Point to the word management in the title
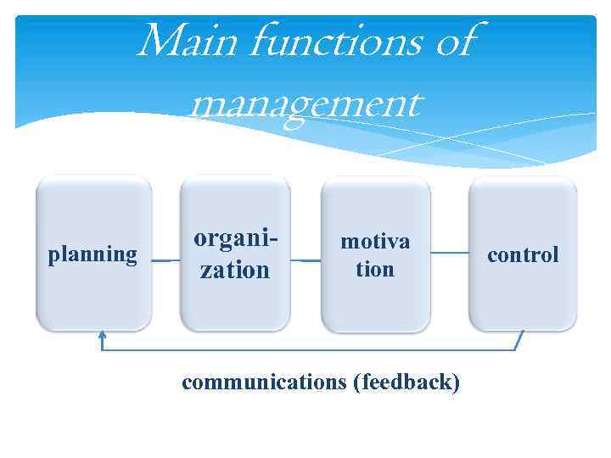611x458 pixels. click(x=305, y=106)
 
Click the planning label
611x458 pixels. click(x=92, y=254)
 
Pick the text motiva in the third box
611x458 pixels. click(x=375, y=242)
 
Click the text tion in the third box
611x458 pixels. click(x=375, y=270)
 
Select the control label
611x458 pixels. click(x=522, y=254)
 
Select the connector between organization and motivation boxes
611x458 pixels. click(x=305, y=260)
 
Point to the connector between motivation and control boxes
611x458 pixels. click(x=450, y=252)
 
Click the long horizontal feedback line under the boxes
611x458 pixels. click(x=305, y=349)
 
